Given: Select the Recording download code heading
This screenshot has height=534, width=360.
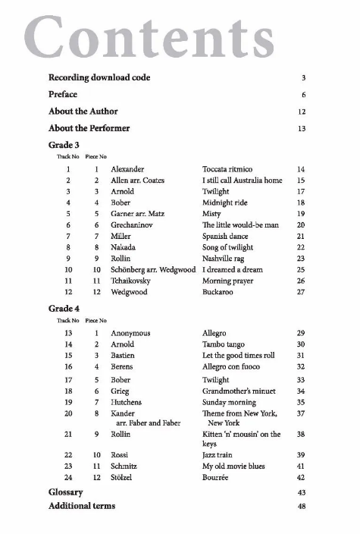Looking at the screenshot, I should pos(99,77).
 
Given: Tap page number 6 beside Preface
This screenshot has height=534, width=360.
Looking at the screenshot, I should pos(302,96).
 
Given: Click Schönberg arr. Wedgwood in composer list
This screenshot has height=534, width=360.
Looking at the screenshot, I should pos(152,269).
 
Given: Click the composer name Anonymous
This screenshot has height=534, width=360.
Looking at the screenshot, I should pos(130,333).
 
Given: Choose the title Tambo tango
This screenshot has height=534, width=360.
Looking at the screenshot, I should pos(224,344).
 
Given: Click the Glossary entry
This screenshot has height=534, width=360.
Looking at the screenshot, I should pos(65,492).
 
